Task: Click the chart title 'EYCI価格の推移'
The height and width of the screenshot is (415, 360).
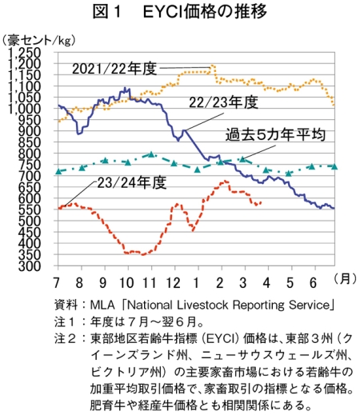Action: point(205,12)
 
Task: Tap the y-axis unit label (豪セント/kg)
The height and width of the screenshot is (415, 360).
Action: point(38,41)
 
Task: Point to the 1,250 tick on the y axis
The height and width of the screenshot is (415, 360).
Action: point(25,53)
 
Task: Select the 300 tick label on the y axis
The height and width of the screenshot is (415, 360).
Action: point(30,266)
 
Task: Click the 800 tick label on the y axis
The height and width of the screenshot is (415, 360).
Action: point(30,154)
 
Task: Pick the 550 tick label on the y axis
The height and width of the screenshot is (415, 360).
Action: point(30,209)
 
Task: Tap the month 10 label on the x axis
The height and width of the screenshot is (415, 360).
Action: point(126,282)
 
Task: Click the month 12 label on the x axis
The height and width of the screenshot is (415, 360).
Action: point(174,282)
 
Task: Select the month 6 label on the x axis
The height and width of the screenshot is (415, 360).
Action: point(314,282)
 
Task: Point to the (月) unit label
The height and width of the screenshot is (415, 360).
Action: point(345,278)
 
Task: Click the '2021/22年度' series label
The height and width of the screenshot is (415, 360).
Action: point(114,69)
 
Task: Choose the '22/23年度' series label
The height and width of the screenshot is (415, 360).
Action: point(223,102)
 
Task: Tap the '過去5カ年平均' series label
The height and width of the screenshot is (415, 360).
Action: point(275,134)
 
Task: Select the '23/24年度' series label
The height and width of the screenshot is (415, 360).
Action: point(132,182)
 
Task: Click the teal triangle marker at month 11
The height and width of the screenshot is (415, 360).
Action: point(151,154)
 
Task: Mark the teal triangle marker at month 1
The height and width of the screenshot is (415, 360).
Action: point(198,170)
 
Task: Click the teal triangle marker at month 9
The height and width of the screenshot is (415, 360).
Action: point(105,160)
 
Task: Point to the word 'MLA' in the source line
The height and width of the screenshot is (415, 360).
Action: point(102,305)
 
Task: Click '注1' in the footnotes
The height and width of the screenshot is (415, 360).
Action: point(64,321)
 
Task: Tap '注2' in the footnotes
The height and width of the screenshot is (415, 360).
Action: point(64,338)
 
